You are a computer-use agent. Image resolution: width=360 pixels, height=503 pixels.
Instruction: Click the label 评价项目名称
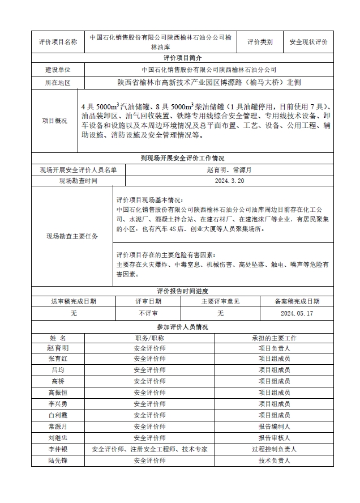[x=58, y=42]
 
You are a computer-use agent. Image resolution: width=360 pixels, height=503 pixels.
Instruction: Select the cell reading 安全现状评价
[x=308, y=42]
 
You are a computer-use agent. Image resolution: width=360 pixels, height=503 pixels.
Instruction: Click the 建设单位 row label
[x=58, y=70]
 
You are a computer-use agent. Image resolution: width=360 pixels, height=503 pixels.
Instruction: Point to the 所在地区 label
[x=58, y=83]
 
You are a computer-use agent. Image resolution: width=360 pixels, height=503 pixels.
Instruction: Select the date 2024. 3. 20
[x=229, y=181]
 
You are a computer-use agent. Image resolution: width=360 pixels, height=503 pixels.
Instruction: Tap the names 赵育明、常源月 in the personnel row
[x=229, y=169]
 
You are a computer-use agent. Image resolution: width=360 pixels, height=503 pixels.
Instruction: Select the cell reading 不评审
[x=148, y=313]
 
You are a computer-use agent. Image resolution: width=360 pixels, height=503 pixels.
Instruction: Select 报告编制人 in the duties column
[x=274, y=427]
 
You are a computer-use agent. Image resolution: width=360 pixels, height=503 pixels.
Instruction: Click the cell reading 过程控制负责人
[x=274, y=449]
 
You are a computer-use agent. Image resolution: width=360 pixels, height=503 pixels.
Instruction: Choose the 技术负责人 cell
[x=274, y=461]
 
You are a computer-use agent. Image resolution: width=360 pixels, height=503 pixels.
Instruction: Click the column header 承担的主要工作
[x=274, y=338]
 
